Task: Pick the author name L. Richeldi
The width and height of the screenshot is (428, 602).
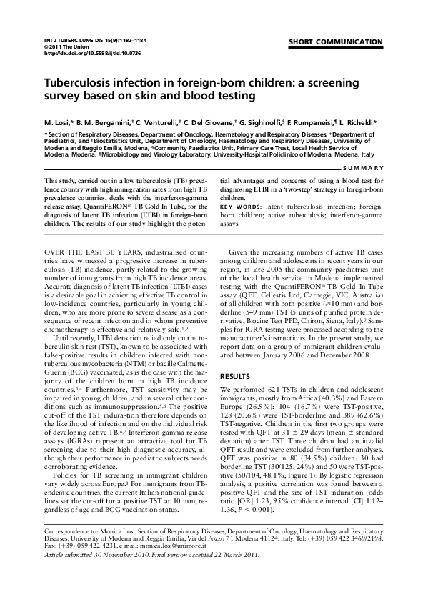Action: point(360,122)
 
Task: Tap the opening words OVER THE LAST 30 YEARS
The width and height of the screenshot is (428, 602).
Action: point(93,252)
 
